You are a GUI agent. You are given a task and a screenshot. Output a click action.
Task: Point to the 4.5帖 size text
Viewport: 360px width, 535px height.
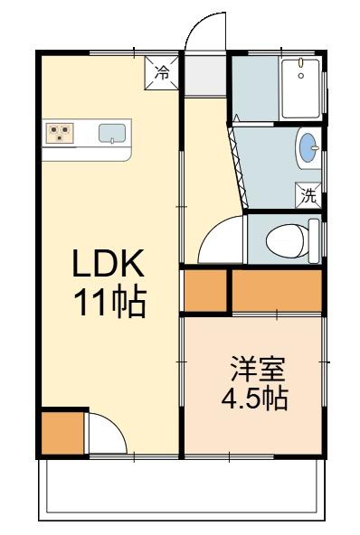tap(255, 398)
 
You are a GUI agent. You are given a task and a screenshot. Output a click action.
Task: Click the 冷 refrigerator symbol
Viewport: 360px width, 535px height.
tap(162, 71)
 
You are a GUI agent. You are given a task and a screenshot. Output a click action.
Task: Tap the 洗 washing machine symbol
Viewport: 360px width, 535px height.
tap(308, 194)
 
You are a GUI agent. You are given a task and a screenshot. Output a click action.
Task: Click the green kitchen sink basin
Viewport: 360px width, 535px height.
tap(111, 133)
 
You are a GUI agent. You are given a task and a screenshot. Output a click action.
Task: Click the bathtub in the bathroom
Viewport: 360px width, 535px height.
tap(299, 89)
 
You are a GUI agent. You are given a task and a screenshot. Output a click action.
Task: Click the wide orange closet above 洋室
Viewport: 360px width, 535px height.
tap(277, 289)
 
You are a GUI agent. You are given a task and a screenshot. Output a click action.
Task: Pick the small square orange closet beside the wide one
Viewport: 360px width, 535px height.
tap(205, 289)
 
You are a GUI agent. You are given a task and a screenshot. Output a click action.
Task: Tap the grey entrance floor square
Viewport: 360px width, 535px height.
tap(205, 78)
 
